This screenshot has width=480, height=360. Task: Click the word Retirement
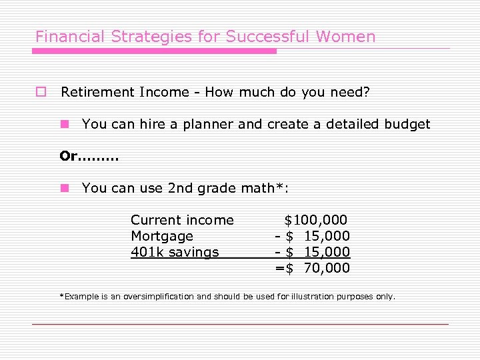(x=97, y=92)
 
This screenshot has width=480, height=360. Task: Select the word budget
(x=407, y=124)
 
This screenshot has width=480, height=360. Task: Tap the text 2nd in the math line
(x=180, y=189)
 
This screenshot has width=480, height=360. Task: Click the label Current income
(x=182, y=220)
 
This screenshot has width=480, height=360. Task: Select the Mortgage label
(x=162, y=236)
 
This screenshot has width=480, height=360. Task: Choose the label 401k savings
(x=175, y=252)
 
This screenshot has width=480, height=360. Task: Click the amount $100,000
(x=315, y=220)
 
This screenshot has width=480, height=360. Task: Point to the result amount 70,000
(x=327, y=268)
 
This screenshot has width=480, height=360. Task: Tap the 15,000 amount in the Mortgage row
(x=327, y=236)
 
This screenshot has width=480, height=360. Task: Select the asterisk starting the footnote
(x=61, y=295)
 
